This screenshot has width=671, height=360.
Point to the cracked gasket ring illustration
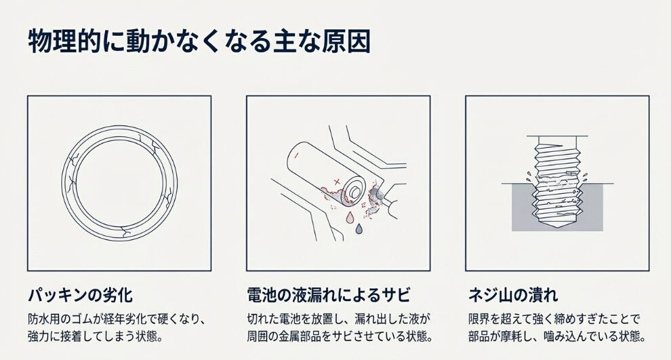coord(119,183)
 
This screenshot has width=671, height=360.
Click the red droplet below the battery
coord(350,217)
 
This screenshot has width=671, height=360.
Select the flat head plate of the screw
coord(556,138)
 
